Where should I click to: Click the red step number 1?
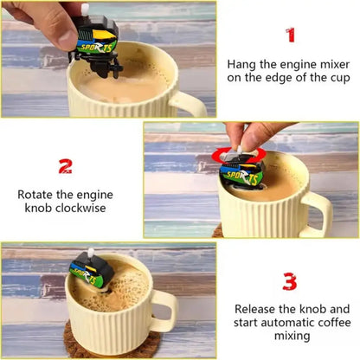pyautogui.click(x=290, y=35)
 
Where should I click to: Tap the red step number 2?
pyautogui.click(x=65, y=165)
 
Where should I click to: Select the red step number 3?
pyautogui.click(x=290, y=281)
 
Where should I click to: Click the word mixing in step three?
pyautogui.click(x=290, y=338)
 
